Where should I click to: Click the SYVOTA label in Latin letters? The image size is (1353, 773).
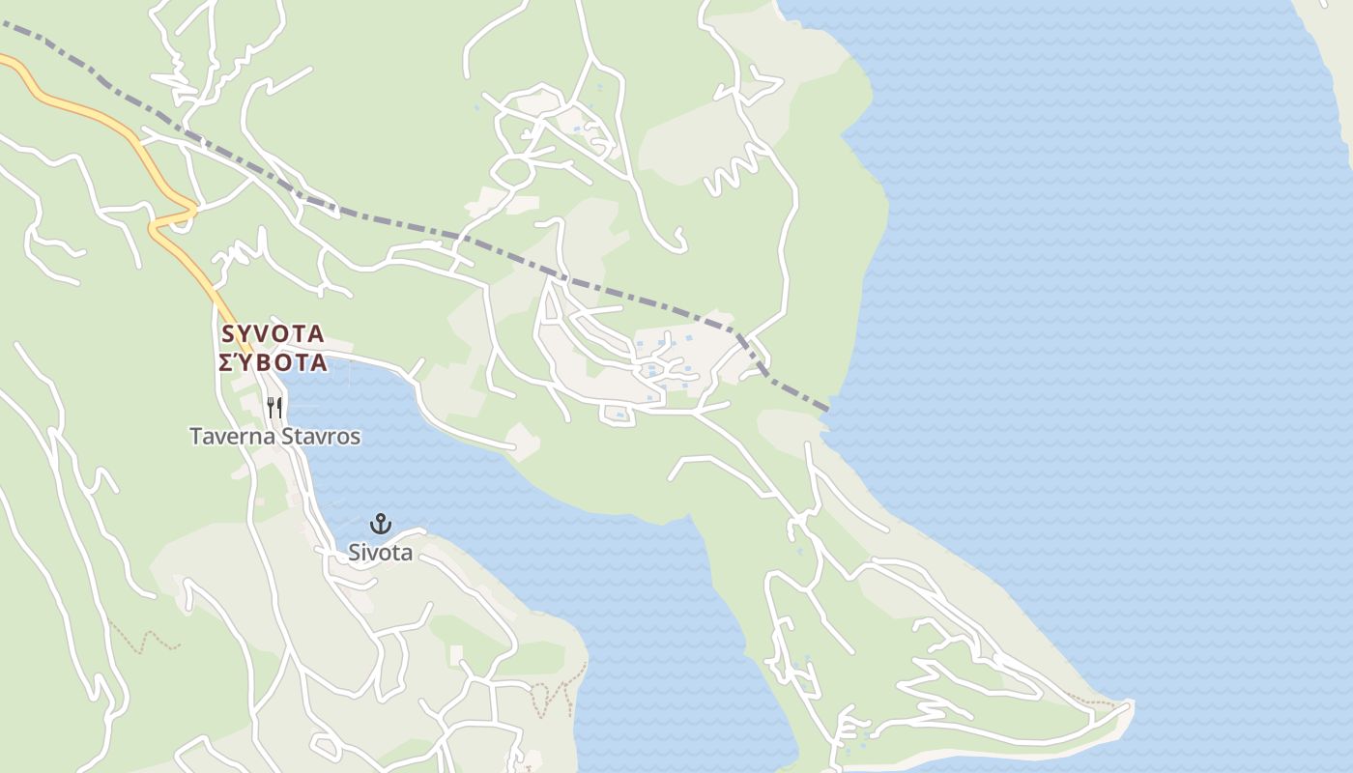tap(273, 334)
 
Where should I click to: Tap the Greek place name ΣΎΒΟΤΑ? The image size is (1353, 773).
tap(273, 363)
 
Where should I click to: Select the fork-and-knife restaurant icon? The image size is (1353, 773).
tap(274, 407)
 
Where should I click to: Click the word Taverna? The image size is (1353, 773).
tap(233, 437)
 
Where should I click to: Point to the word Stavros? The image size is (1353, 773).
tap(321, 437)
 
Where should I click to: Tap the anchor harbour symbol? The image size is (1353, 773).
tap(381, 525)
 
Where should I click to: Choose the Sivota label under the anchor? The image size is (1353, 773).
tap(381, 553)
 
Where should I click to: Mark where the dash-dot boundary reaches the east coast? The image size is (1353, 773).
tap(827, 410)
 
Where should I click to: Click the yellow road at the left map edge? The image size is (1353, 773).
tap(4, 60)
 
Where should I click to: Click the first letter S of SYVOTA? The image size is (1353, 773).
tap(228, 334)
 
